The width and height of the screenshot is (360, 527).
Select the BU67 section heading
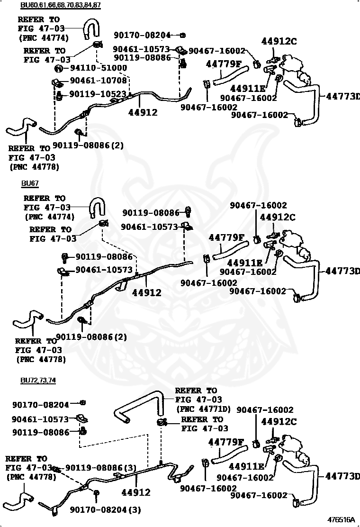pos(29,183)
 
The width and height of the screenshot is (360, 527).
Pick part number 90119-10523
pos(98,94)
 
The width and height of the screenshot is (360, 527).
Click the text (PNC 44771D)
pos(203,409)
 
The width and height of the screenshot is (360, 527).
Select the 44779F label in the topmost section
pos(224,64)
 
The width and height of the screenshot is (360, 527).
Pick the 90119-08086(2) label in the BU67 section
pos(91,337)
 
